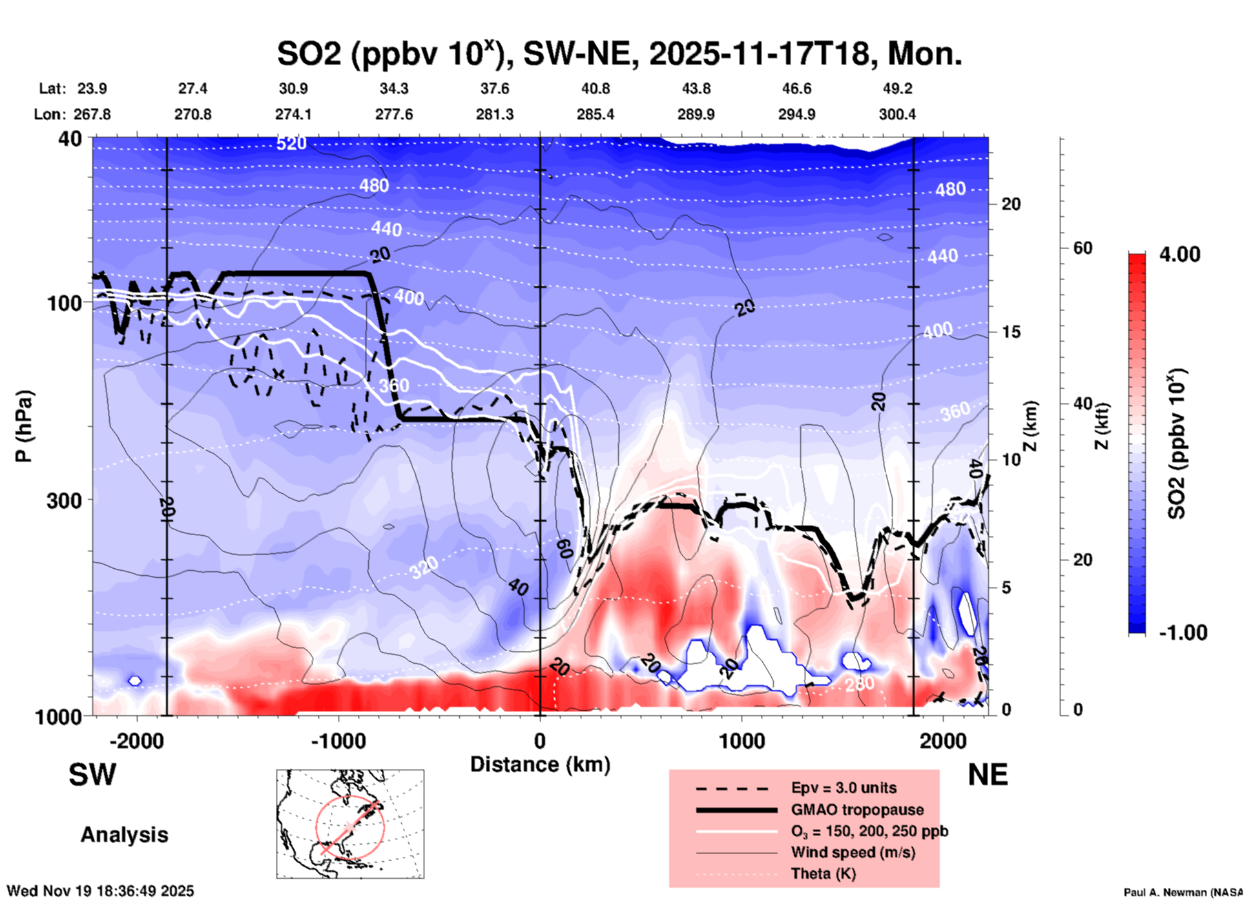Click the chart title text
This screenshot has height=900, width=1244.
point(619,53)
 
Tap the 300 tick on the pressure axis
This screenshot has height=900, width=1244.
point(64,500)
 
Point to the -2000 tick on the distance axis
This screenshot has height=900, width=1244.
point(136,741)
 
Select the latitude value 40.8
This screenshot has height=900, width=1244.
point(595,88)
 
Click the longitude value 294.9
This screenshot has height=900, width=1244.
point(796,114)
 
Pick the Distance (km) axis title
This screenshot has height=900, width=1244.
point(540,764)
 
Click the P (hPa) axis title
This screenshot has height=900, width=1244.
point(24,426)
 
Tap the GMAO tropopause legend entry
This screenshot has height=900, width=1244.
point(857,810)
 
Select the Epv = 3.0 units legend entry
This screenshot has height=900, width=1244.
point(843,788)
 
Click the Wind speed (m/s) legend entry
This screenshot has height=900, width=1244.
point(853,852)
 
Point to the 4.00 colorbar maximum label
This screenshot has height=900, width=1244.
point(1179,254)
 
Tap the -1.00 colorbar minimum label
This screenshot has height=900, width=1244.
point(1183,632)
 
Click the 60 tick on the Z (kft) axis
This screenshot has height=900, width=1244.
point(1083,248)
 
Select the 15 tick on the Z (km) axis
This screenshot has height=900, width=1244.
point(1011,332)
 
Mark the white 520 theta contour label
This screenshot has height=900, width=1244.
point(291,143)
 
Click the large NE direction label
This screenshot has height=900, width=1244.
point(988,775)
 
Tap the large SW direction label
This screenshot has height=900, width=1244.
point(92,775)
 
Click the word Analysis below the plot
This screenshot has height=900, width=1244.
point(124,835)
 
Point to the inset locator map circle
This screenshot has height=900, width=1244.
point(350,826)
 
